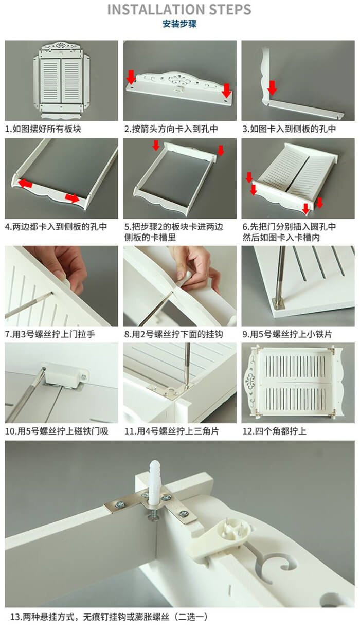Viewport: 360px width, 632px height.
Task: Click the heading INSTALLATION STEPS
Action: pos(179,9)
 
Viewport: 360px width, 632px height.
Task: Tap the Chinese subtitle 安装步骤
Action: pos(179,24)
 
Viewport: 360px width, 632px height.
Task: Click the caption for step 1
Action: pos(43,129)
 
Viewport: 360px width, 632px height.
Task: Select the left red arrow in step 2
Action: pos(131,77)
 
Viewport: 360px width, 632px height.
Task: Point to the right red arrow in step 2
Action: pos(226,91)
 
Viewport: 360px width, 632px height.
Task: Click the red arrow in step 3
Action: pos(272,87)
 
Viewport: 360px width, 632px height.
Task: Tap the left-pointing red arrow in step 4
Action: pos(25,184)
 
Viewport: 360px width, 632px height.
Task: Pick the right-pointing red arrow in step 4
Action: pos(72,198)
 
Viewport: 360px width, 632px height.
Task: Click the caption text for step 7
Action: pos(50,334)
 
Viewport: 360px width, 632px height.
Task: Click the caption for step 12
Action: pos(275,431)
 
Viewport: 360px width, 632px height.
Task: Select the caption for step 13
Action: pos(109,617)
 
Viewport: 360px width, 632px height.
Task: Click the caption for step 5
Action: pos(174,232)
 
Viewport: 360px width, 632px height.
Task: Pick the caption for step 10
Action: pos(57,431)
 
